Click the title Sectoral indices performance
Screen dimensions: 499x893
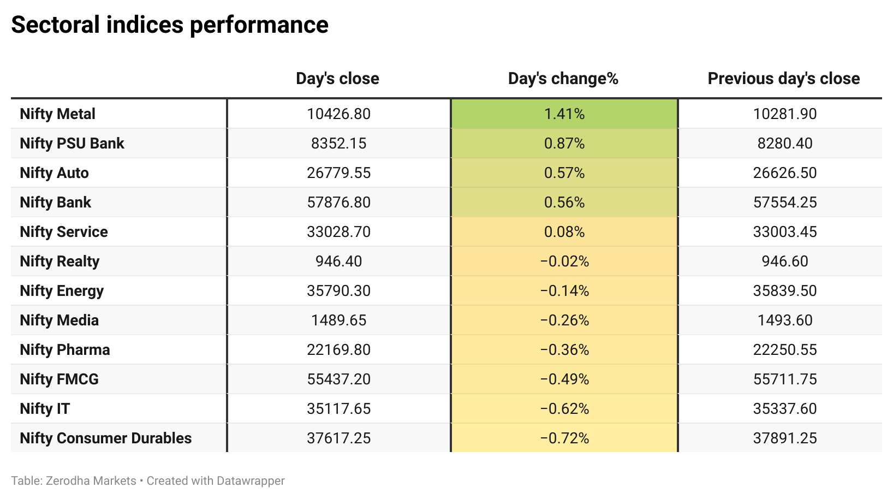pos(170,25)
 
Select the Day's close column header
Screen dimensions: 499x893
pos(337,79)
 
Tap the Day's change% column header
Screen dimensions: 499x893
pos(563,79)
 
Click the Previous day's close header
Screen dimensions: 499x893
pos(783,79)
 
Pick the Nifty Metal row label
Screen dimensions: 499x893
pos(57,114)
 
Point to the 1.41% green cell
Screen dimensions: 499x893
pos(564,114)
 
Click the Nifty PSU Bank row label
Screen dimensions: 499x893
pos(72,143)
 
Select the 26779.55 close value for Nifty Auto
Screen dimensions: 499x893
pos(338,173)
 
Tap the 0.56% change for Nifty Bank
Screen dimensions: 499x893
pos(564,202)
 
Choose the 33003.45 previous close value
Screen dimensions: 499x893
pos(785,231)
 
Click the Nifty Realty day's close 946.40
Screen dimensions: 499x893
pos(338,261)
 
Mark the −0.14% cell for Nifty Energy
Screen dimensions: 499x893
pos(564,290)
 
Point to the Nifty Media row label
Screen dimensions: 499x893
pos(59,320)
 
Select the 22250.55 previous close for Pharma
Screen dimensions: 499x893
pos(785,349)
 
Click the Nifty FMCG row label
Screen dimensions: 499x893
pos(59,379)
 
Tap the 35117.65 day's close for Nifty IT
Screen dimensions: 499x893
pos(338,408)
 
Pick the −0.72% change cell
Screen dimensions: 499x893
pos(564,438)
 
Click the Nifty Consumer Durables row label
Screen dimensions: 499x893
pos(105,438)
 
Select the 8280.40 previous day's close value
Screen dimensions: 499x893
pos(785,143)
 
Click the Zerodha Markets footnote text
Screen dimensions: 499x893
pos(91,480)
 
